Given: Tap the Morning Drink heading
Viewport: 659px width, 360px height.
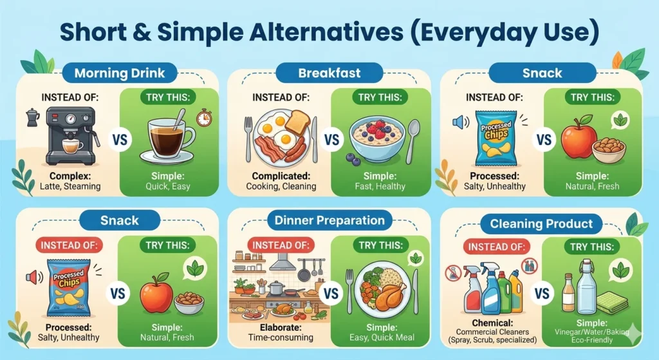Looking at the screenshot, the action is (x=119, y=73).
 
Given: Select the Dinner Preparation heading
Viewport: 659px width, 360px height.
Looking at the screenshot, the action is (x=329, y=220).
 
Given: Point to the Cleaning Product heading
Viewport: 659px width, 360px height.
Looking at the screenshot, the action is (x=541, y=223).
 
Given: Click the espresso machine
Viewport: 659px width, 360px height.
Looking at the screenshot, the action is (x=71, y=136).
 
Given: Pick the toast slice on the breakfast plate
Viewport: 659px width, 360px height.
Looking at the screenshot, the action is (x=297, y=122).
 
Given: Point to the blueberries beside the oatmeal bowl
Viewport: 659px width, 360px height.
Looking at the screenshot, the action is (x=353, y=160).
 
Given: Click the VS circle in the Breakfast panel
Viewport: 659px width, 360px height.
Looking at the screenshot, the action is (x=331, y=139).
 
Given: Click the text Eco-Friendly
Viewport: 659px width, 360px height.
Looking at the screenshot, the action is (x=592, y=340).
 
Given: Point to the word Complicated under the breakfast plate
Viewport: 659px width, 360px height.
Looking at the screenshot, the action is (x=281, y=176).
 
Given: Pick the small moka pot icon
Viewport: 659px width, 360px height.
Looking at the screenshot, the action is (x=33, y=117).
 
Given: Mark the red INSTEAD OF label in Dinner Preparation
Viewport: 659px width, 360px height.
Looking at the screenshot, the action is (x=281, y=245).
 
